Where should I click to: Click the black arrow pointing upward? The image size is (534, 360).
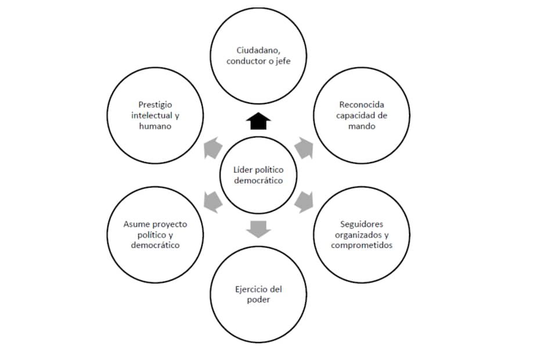258,121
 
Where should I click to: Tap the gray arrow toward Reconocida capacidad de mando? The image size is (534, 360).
304,148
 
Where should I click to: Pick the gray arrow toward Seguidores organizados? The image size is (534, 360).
304,201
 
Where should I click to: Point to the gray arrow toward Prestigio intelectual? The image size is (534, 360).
213,148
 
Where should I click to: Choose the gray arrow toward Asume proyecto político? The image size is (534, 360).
213,201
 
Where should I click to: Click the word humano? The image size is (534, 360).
156,126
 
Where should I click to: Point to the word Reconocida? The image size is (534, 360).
362,105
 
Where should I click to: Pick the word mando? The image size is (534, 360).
362,126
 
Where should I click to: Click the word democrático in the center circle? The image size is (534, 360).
258,181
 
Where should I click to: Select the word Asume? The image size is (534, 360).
136,224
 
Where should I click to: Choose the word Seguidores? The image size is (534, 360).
362,224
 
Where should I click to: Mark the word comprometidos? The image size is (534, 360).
362,245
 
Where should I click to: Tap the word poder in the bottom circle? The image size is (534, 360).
258,300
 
